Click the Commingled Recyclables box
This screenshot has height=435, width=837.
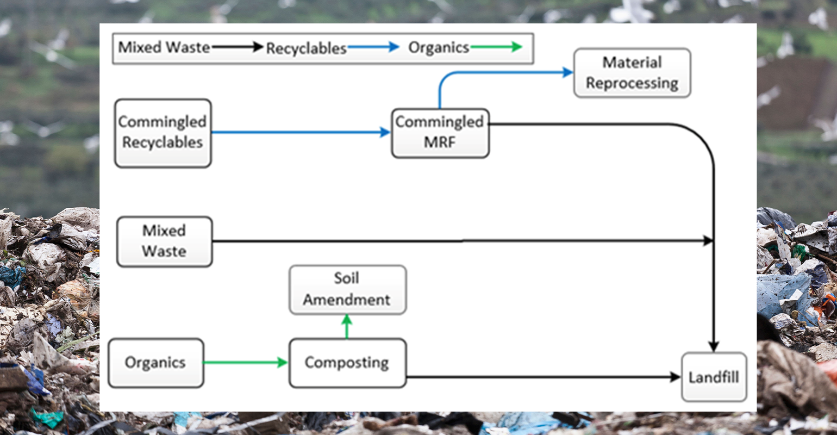163,133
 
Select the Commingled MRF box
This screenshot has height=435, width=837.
440,133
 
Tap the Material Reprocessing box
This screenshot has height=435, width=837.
632,73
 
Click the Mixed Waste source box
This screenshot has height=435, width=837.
164,241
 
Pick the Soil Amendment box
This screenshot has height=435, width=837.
347,289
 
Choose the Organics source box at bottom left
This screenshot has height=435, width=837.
155,363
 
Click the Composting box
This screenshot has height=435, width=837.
347,363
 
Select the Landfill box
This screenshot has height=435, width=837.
714,377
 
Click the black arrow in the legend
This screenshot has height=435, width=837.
238,47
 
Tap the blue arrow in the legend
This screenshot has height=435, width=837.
373,47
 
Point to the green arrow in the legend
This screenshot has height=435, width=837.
496,47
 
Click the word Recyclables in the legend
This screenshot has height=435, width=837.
306,48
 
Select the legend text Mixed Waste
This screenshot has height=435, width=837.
164,47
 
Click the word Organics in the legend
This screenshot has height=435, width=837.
439,48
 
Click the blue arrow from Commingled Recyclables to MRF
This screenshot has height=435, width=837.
301,132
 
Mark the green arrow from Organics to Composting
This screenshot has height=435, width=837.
245,362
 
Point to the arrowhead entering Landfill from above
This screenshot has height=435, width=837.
714,346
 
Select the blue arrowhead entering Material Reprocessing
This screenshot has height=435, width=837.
567,72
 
